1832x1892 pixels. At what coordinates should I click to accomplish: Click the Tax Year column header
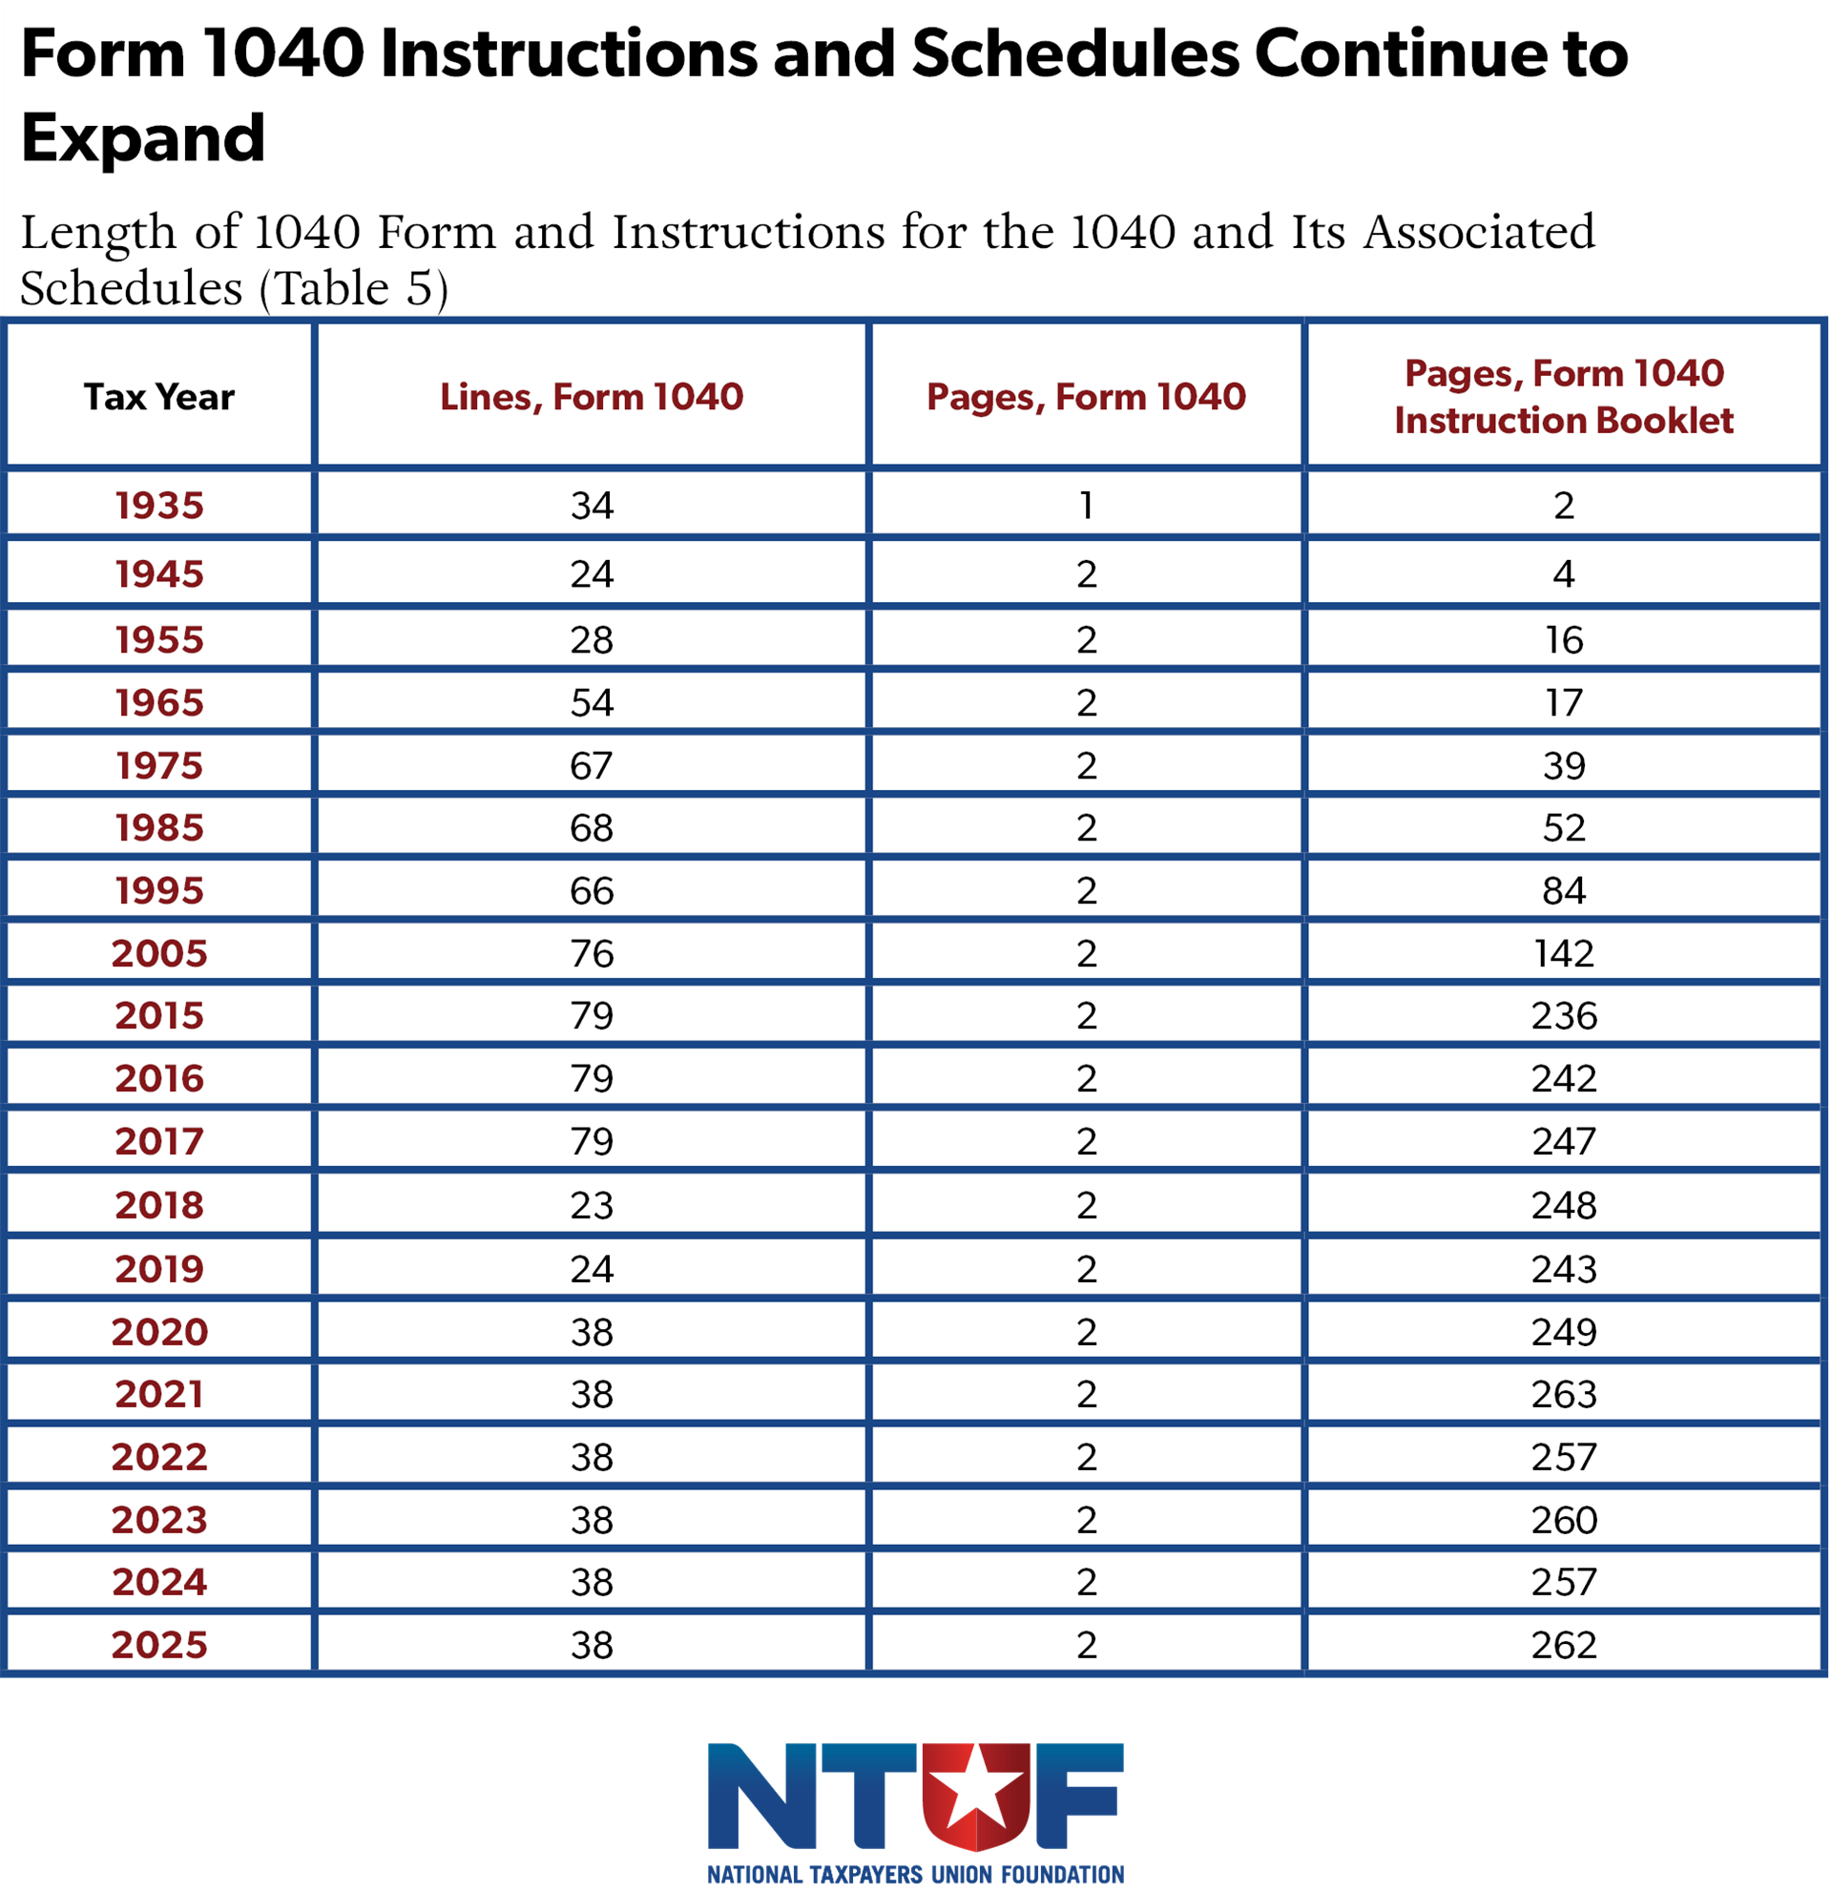(x=159, y=397)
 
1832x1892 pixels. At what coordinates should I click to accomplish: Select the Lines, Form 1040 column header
(x=592, y=397)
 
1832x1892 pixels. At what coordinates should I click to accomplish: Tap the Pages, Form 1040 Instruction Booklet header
(x=1564, y=397)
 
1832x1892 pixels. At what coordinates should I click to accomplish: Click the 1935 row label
(x=159, y=505)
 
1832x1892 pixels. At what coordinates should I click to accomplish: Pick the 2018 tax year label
(x=159, y=1205)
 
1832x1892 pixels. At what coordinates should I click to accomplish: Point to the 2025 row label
(x=159, y=1645)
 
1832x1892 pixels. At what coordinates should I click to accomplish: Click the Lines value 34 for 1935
(x=592, y=505)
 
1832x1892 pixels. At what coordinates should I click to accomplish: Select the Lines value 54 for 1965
(x=592, y=703)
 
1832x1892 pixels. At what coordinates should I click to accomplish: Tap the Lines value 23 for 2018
(x=592, y=1205)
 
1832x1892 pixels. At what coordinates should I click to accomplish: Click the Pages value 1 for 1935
(x=1087, y=505)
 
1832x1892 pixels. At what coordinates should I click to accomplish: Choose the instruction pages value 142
(x=1564, y=954)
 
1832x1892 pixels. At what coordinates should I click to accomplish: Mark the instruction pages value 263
(x=1564, y=1394)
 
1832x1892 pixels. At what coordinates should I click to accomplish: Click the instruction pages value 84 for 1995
(x=1564, y=890)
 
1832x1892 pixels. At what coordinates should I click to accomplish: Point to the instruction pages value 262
(x=1564, y=1645)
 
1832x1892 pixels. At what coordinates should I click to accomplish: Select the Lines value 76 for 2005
(x=592, y=954)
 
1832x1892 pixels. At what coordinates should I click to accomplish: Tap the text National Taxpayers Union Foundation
(x=915, y=1875)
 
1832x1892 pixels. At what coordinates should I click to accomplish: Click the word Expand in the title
(x=143, y=138)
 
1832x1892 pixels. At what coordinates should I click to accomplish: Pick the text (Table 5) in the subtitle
(x=354, y=287)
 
